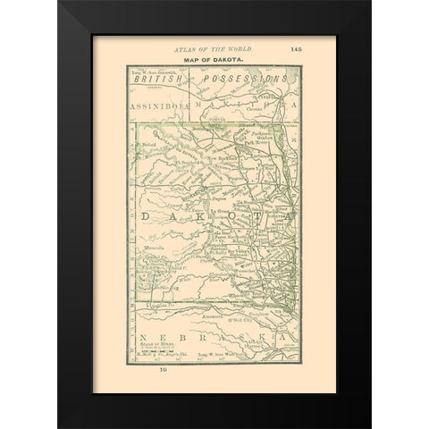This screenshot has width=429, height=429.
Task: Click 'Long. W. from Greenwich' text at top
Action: tap(154, 70)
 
